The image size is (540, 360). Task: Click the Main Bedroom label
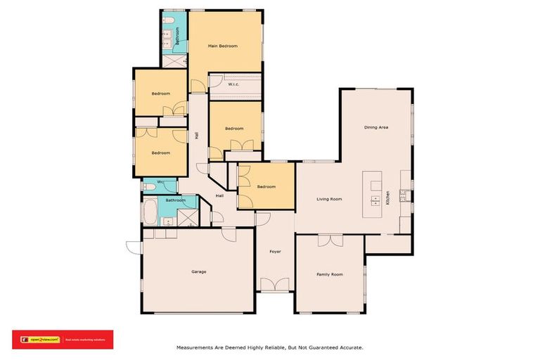[222, 46]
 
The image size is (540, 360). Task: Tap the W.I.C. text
[234, 84]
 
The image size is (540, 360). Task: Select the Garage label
[198, 271]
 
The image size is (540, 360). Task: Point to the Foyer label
[275, 251]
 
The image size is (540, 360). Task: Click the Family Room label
[329, 274]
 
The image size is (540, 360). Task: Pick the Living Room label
[329, 199]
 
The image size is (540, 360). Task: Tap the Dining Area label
[376, 127]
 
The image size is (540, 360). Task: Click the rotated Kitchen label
[387, 198]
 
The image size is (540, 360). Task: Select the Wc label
[160, 183]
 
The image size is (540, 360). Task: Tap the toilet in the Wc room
[148, 187]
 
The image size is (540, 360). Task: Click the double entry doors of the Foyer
[275, 284]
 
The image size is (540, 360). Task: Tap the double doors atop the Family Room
[329, 240]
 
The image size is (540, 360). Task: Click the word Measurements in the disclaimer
[194, 347]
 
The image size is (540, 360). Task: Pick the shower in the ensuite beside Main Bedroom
[172, 61]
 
